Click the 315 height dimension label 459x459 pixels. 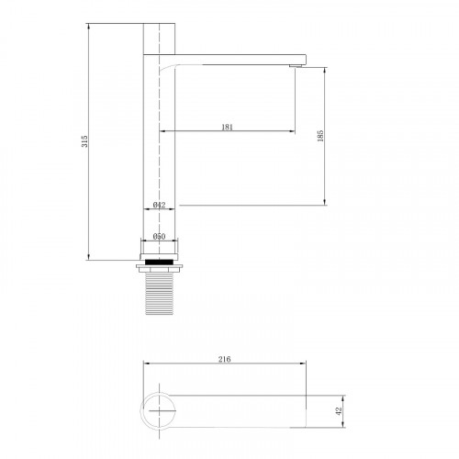[84, 141]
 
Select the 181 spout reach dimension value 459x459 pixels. [227, 127]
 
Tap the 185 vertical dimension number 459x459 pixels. [320, 136]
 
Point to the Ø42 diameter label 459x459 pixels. [159, 205]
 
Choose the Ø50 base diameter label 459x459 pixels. [159, 236]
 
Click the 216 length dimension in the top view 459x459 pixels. [225, 359]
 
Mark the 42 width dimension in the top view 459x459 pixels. [339, 411]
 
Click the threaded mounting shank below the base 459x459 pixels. [159, 294]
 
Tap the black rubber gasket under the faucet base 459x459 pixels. [159, 262]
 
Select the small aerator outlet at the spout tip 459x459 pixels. [296, 66]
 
